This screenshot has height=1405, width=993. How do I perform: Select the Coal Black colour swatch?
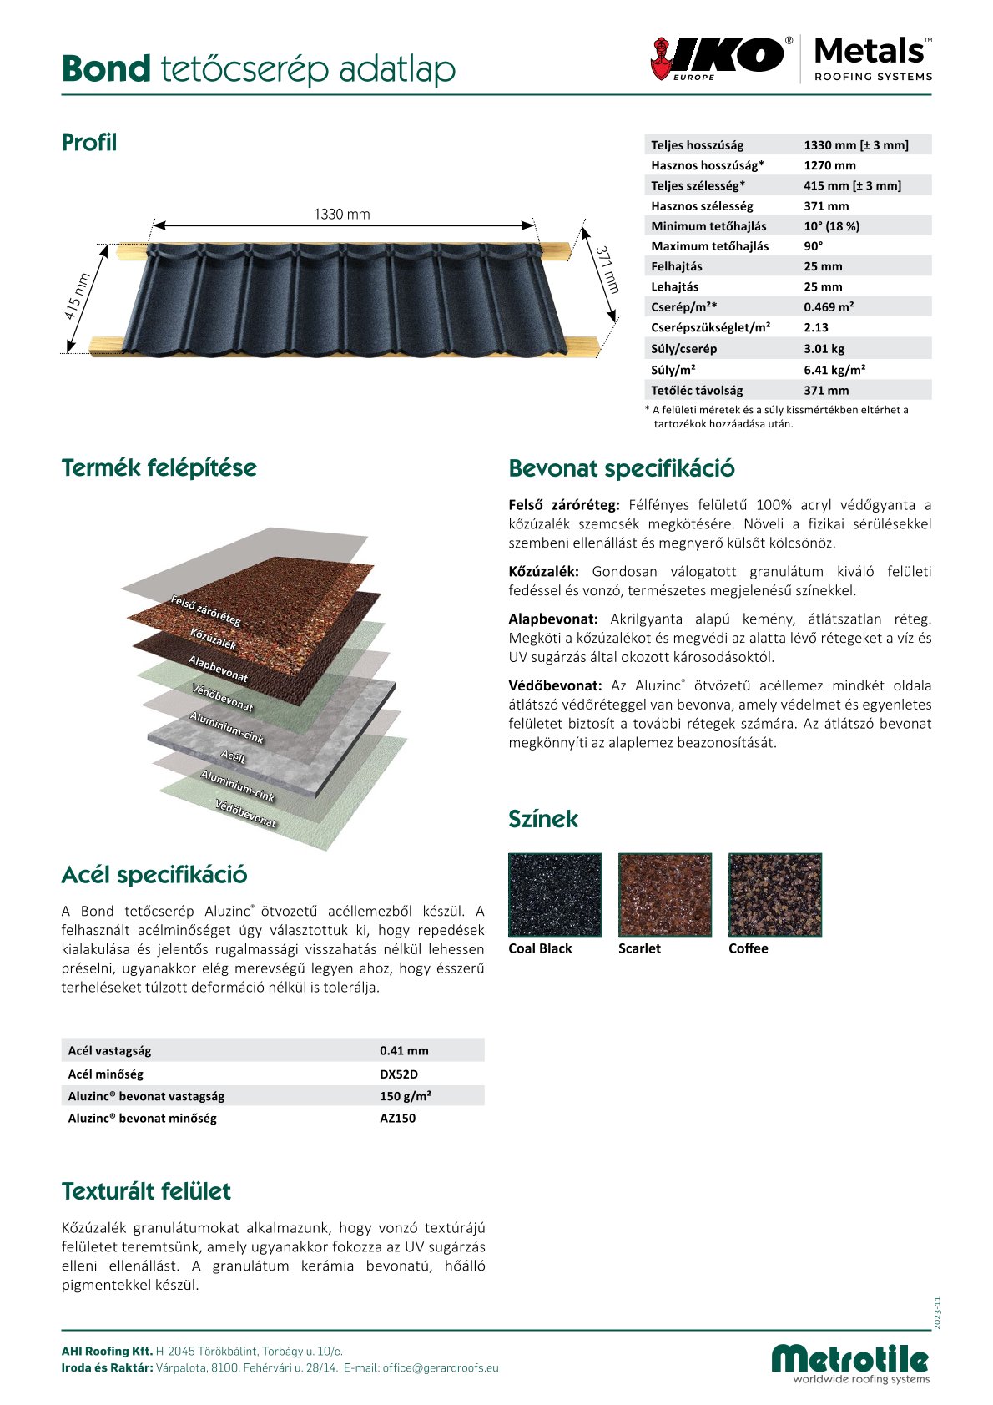click(555, 894)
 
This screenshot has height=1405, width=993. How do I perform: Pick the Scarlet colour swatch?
click(665, 894)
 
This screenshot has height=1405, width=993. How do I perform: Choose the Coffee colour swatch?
click(775, 894)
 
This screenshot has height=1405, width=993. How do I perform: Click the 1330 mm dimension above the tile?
click(342, 215)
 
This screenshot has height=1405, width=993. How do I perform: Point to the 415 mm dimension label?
click(78, 297)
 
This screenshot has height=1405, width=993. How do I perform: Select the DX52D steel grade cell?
click(399, 1074)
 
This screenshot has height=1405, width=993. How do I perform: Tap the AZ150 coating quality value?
click(397, 1119)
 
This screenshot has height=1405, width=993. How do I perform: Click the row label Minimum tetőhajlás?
click(708, 226)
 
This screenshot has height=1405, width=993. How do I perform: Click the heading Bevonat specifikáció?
click(622, 468)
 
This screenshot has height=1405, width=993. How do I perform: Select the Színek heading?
click(543, 819)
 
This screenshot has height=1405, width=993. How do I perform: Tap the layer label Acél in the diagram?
click(234, 757)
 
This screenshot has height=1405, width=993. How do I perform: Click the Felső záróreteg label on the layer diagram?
click(206, 610)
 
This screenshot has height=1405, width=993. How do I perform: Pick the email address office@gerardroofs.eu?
click(441, 1368)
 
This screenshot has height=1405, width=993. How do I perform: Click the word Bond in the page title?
click(106, 69)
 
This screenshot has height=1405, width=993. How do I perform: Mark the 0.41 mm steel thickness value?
click(404, 1051)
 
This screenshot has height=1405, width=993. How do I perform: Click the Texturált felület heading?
click(146, 1191)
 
